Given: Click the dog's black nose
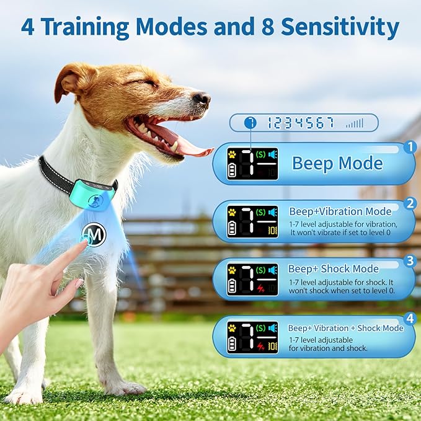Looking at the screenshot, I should pyautogui.click(x=201, y=98).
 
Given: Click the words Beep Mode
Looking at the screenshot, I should pyautogui.click(x=337, y=164).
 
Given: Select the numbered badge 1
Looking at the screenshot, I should pyautogui.click(x=409, y=148).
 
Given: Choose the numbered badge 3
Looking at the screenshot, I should pyautogui.click(x=409, y=261).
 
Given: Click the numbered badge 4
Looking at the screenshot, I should pyautogui.click(x=409, y=318).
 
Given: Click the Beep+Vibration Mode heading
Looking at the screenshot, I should pyautogui.click(x=340, y=211).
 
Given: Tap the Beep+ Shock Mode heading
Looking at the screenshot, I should pyautogui.click(x=333, y=269).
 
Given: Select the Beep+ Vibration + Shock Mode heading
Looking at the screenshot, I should pyautogui.click(x=345, y=328).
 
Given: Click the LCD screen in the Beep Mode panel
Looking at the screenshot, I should pyautogui.click(x=252, y=164).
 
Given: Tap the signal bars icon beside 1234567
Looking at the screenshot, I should pyautogui.click(x=355, y=123).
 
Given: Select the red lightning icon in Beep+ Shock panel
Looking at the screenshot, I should pyautogui.click(x=260, y=289).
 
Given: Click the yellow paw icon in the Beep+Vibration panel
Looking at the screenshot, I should pyautogui.click(x=232, y=211).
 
